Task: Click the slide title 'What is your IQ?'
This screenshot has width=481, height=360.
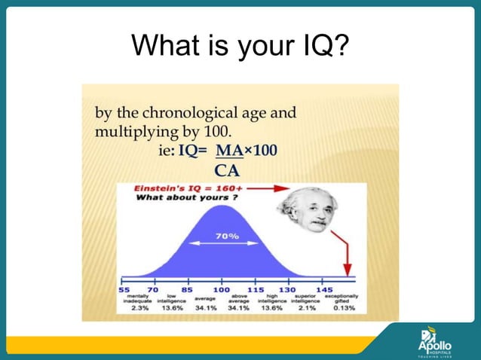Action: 240,47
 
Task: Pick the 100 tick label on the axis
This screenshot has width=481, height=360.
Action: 221,289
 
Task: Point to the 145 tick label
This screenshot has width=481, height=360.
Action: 324,289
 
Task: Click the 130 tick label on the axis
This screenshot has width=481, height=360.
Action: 287,289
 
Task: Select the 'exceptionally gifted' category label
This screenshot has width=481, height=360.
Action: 342,299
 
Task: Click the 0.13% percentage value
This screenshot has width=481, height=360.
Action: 344,309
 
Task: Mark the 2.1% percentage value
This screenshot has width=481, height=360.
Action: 305,309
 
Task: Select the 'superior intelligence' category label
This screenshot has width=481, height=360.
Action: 305,299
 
